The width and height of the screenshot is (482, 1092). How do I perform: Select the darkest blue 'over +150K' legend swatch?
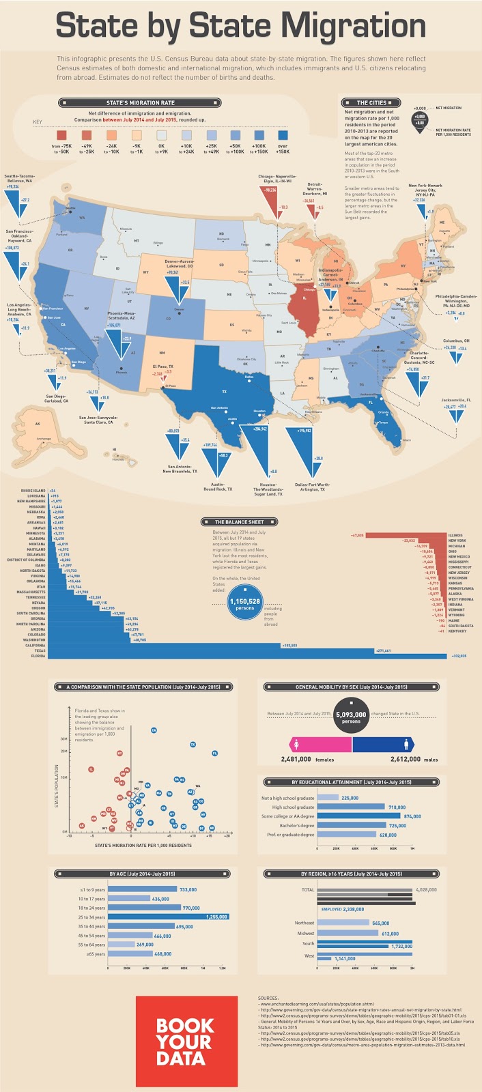point(283,135)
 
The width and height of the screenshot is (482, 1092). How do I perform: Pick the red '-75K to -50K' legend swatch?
point(61,135)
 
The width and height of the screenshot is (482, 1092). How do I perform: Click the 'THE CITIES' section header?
point(371,102)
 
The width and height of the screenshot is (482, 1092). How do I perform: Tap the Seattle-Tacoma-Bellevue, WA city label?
point(19,179)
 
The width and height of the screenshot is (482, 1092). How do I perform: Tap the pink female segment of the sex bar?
point(321,744)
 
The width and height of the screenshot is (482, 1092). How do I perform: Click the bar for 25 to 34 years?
point(168,917)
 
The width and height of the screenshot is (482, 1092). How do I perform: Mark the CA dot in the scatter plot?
point(154,730)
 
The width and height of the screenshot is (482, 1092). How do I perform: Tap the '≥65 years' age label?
point(92,953)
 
